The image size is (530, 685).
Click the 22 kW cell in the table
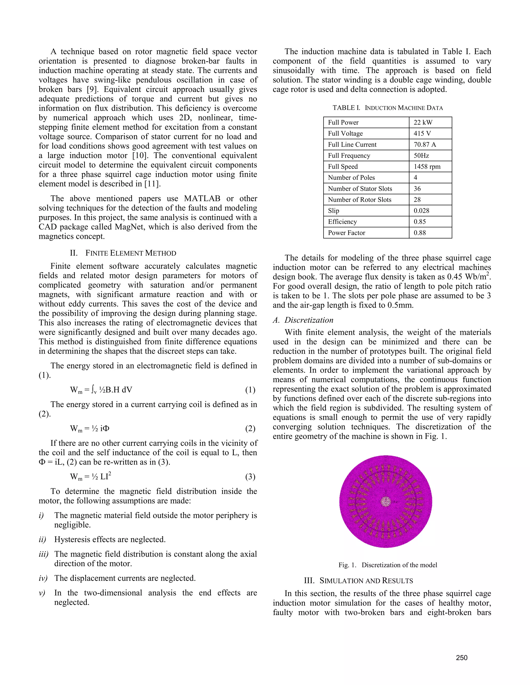(423, 122)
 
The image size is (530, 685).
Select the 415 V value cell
(422, 133)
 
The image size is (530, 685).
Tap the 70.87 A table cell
(424, 144)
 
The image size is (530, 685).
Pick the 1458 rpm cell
(427, 166)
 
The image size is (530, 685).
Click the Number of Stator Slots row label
(360, 188)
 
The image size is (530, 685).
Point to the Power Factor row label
(346, 233)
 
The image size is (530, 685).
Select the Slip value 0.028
(421, 210)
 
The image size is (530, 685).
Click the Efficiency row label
(342, 222)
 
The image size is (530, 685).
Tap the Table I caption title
(387, 108)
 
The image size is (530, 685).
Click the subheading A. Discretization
(303, 320)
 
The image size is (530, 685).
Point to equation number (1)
(250, 390)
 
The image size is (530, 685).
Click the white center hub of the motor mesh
(386, 501)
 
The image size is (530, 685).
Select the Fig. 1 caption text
(387, 565)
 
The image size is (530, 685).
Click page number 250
(462, 658)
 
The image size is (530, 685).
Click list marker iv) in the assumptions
(43, 578)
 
